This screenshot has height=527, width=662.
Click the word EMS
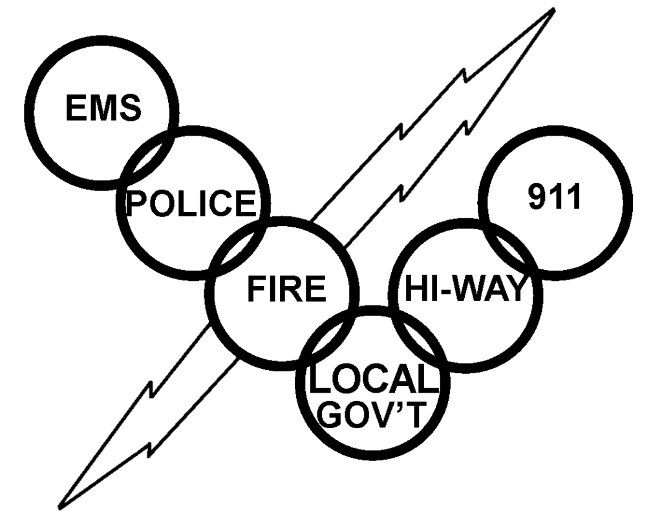(103, 107)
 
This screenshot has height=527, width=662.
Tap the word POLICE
(190, 203)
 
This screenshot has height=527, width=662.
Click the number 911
(555, 200)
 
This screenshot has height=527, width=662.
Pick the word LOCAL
(370, 381)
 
